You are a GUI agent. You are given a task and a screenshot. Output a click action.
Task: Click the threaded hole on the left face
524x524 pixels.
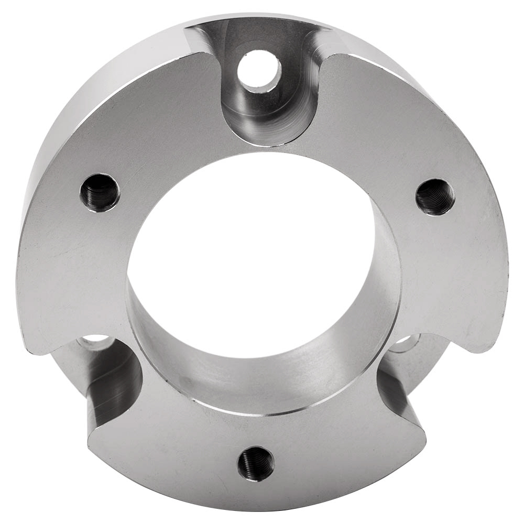click(x=100, y=192)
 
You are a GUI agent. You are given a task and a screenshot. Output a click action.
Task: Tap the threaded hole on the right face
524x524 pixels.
click(x=435, y=197)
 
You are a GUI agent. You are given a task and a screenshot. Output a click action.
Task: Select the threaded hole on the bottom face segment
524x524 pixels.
click(x=256, y=463)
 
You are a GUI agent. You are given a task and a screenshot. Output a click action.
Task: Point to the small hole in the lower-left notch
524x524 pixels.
click(x=95, y=342)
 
